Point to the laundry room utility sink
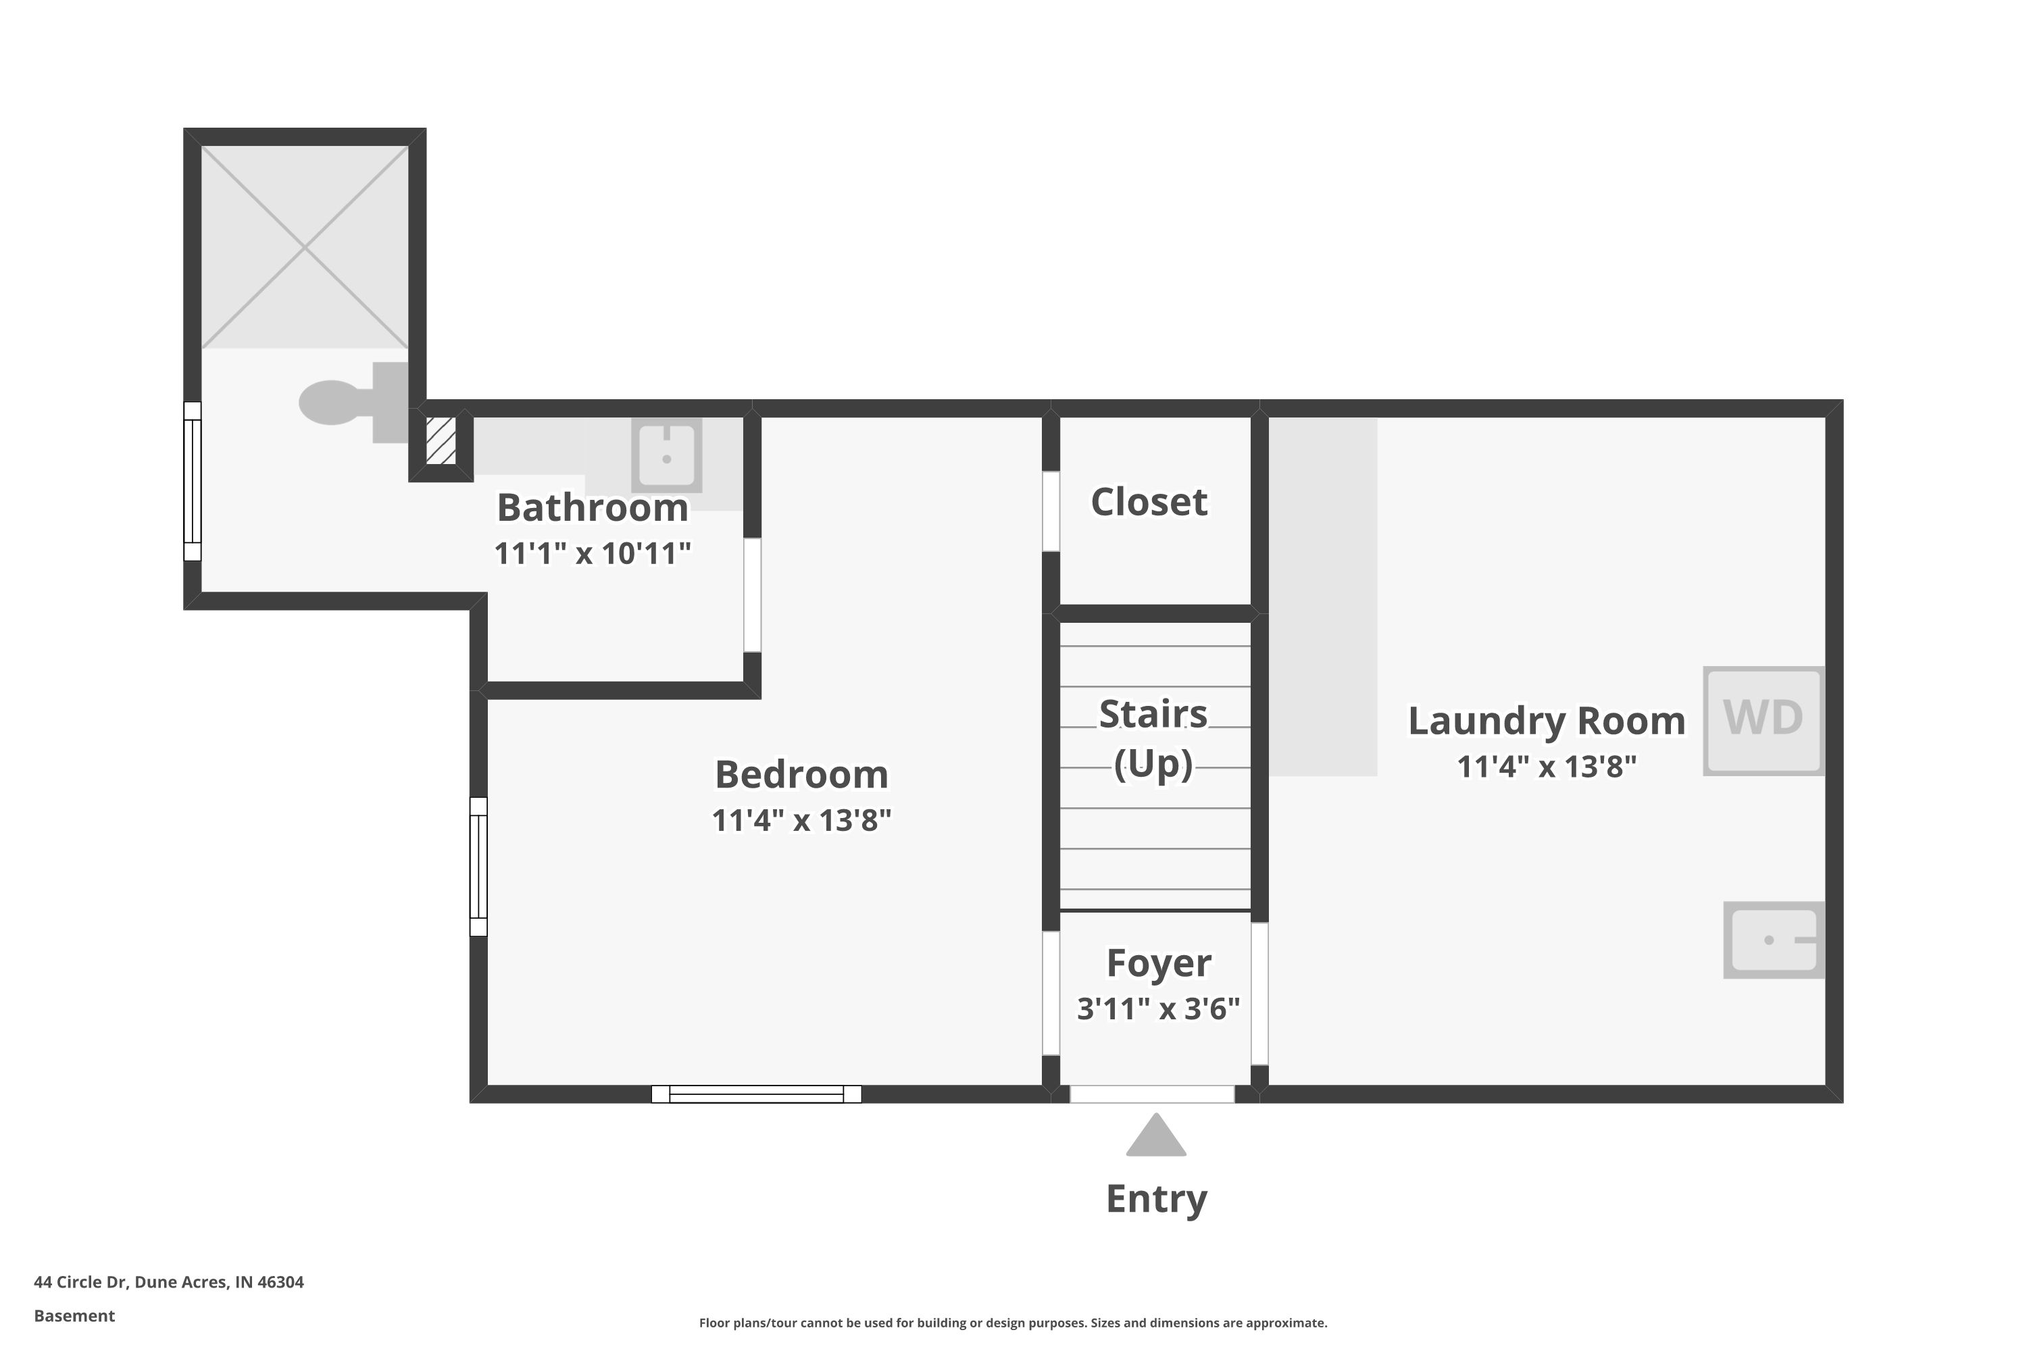1774,940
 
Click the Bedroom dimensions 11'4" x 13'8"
801,820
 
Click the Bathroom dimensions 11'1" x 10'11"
593,553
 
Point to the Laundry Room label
1547,721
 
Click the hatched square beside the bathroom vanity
441,441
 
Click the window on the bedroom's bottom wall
756,1094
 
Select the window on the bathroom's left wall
192,482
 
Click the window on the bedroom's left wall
478,867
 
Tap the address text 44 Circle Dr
80,1282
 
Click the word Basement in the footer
74,1316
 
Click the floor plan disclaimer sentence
1013,1323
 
